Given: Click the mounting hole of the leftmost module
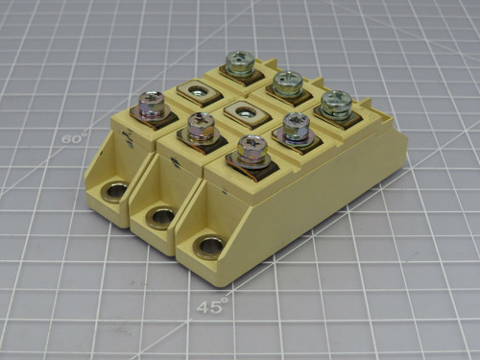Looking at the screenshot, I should coord(115,192).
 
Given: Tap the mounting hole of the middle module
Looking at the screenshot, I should coord(160,217).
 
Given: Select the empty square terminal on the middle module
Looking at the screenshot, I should coord(242,112).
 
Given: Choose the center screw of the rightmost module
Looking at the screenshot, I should coord(297,126).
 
